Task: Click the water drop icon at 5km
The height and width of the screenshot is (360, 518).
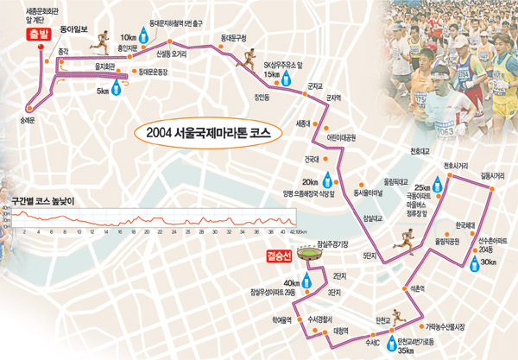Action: pos(115,88)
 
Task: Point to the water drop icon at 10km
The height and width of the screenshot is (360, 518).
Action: pos(144,39)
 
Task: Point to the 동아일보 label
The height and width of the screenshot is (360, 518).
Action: pos(74,29)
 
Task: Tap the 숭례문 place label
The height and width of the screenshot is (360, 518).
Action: pos(25,119)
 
